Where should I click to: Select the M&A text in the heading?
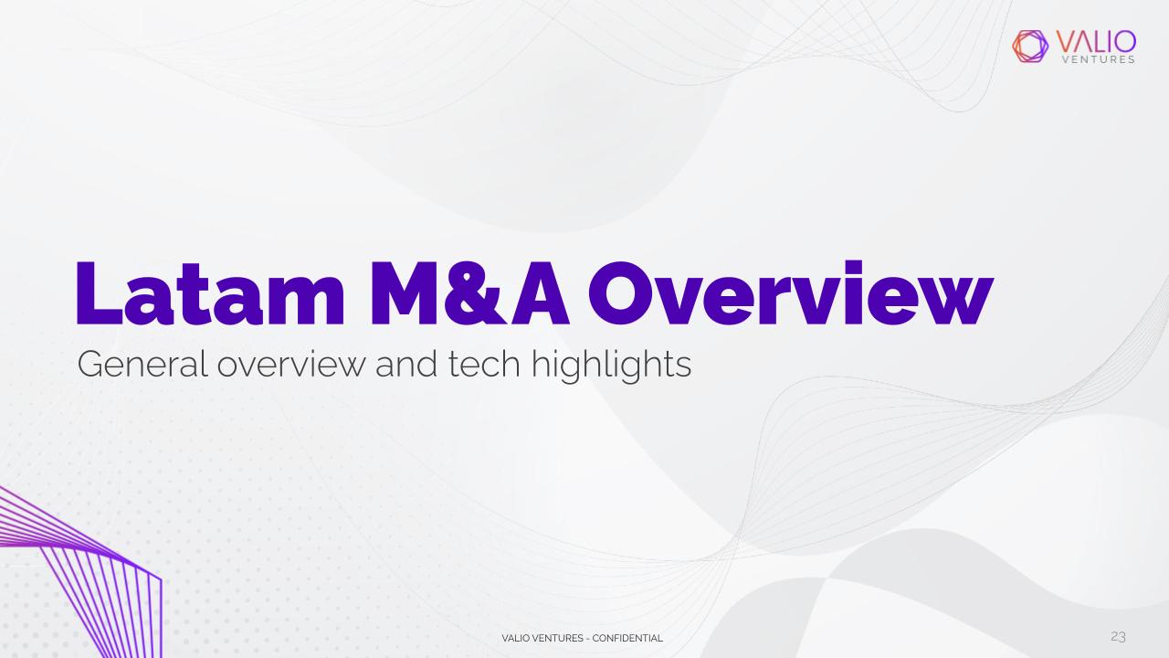coord(469,293)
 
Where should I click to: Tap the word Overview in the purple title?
coord(791,292)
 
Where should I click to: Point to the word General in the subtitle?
coord(142,364)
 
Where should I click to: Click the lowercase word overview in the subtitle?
coord(290,365)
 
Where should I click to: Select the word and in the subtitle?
coord(406,364)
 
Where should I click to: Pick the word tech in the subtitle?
coord(484,364)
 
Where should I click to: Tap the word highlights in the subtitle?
coord(611,366)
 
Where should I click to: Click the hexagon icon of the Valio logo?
coord(1030,47)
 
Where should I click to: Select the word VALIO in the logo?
coord(1096,41)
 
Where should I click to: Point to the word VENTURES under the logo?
coord(1099,59)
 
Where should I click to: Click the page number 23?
coord(1118,637)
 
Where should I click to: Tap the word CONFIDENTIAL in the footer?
coord(627,638)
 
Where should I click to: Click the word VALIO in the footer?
coord(515,638)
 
